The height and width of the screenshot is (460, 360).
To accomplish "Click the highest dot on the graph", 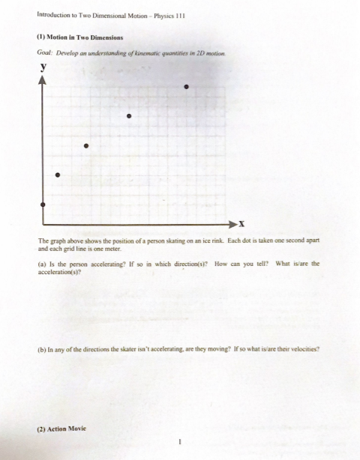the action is click(x=186, y=88).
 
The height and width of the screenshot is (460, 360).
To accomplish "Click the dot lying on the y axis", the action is click(x=43, y=204).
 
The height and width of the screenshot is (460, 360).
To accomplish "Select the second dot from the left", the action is click(x=58, y=175).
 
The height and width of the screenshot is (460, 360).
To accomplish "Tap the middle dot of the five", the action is click(x=85, y=145).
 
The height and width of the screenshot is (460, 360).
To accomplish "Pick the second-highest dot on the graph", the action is click(x=129, y=116).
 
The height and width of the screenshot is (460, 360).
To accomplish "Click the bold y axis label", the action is click(x=43, y=66).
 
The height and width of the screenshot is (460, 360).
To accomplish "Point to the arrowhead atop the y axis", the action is click(x=43, y=78).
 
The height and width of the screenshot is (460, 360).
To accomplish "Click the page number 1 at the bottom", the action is click(x=180, y=441).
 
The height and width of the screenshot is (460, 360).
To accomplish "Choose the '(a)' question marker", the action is click(x=41, y=264).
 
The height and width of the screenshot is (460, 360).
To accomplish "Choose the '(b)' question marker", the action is click(x=42, y=349).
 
